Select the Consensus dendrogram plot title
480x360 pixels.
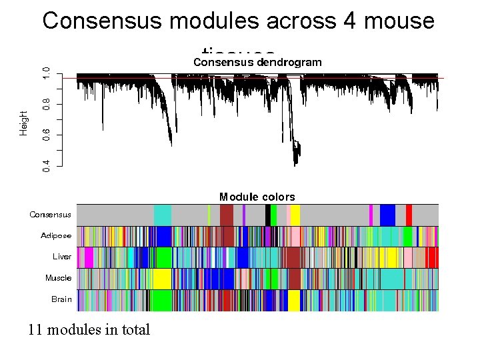pos(257,62)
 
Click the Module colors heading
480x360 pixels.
pos(257,197)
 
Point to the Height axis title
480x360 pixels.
pos(24,123)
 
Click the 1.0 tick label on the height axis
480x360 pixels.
pos(46,73)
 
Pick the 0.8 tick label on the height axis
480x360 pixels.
pos(46,104)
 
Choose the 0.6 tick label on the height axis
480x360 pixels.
pos(46,134)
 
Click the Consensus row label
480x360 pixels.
pos(50,215)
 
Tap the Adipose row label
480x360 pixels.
pos(56,235)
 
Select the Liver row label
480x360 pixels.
pos(62,257)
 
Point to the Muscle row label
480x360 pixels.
pos(58,278)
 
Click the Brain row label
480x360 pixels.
pos(61,299)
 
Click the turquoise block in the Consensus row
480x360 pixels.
pos(163,215)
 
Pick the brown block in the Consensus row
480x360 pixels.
pos(227,215)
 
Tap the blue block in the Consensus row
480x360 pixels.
pos(387,215)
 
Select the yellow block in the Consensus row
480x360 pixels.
pos(295,215)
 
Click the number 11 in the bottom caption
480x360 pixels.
pos(35,329)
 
